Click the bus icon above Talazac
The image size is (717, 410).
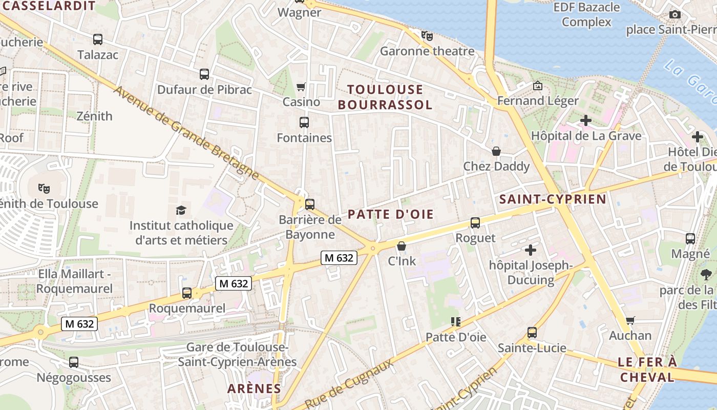97,39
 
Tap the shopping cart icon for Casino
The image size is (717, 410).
301,87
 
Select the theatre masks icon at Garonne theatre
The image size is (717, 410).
427,35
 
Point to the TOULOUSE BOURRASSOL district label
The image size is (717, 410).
385,97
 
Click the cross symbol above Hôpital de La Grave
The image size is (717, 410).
586,120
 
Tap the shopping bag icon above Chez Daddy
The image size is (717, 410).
496,151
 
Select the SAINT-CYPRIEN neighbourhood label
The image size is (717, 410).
553,199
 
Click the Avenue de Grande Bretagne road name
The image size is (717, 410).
186,133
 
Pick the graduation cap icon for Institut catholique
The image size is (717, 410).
181,210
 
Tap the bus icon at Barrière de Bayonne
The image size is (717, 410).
309,204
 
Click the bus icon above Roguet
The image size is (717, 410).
475,223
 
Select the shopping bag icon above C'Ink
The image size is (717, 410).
402,246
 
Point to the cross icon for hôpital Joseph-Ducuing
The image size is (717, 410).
531,250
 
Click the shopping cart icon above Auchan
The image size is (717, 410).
630,320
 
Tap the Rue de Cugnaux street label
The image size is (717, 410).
349,383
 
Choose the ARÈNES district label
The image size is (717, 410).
255,388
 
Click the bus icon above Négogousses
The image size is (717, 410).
74,362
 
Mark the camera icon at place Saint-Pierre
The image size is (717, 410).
675,14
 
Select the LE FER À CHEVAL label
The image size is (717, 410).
647,370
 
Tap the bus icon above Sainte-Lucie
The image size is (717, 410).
532,333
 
